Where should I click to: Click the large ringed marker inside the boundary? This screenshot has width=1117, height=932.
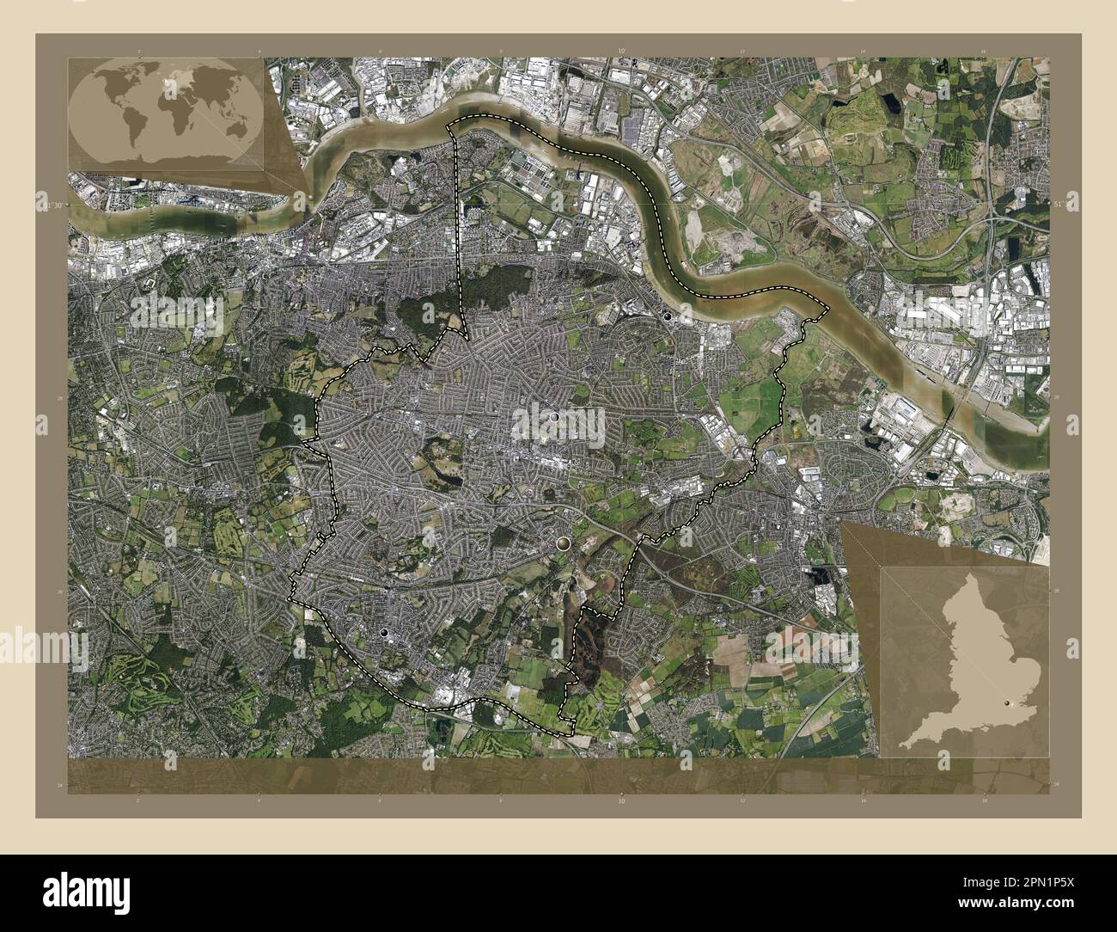563,543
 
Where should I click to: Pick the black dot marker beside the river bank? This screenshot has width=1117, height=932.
668,316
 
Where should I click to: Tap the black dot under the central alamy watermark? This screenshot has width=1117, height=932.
554,416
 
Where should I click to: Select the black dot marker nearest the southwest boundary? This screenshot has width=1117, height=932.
384,633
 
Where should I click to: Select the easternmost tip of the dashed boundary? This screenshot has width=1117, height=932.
827,307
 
